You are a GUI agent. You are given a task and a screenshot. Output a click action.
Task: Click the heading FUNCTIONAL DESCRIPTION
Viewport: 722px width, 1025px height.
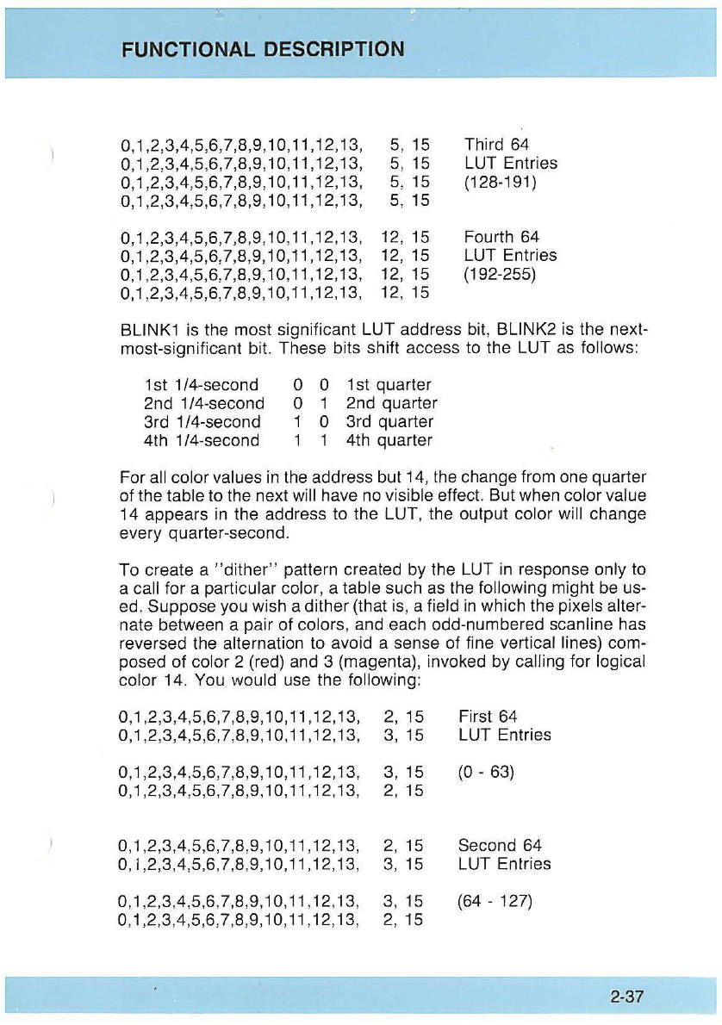[x=261, y=48]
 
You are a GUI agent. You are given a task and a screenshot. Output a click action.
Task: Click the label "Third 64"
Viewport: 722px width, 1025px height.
[x=496, y=145]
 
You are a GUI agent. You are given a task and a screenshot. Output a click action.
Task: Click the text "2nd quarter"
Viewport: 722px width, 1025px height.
[x=391, y=403]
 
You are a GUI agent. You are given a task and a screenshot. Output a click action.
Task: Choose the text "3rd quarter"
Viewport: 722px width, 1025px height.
[x=388, y=422]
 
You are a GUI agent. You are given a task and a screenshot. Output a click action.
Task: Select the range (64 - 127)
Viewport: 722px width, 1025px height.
[x=495, y=902]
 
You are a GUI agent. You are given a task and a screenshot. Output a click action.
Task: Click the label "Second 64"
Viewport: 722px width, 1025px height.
[x=500, y=846]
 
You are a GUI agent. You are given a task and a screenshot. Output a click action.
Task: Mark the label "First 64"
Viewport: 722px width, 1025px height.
[x=488, y=716]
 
